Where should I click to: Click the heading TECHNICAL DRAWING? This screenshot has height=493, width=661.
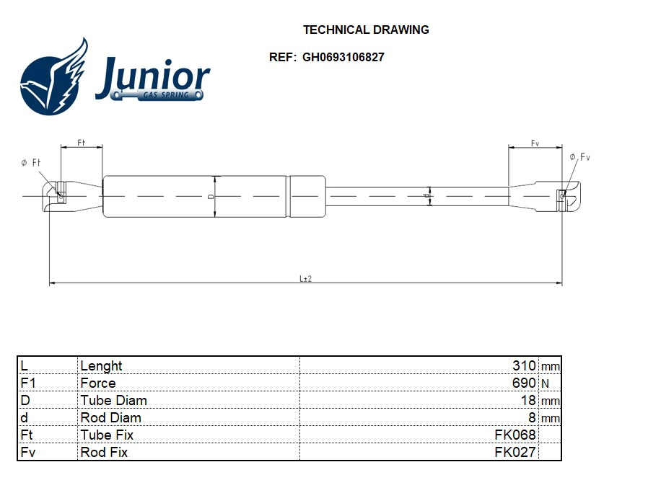pos(366,30)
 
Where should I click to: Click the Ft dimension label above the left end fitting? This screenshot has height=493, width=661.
pos(82,143)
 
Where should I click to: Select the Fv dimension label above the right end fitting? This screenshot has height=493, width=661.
pos(535,143)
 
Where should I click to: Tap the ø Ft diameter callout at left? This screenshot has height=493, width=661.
pos(30,164)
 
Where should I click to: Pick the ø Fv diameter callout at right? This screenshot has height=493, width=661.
pos(579,157)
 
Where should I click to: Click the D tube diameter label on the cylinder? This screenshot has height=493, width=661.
pos(210,196)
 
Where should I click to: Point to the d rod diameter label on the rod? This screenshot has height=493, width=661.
pos(426,195)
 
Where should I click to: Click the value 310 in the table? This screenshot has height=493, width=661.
pos(524,366)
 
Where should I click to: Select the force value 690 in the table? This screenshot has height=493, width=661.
pos(524,383)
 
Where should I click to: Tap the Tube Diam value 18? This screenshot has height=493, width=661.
pos(528,401)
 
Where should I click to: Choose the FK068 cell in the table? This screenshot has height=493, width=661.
pos(515,435)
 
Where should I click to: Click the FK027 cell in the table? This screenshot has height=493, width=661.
pos(515,453)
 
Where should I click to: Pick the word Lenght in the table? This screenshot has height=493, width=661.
pos(101,366)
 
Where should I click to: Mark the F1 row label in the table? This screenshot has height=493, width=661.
pos(28,383)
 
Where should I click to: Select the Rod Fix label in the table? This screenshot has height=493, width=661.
pos(104,453)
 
